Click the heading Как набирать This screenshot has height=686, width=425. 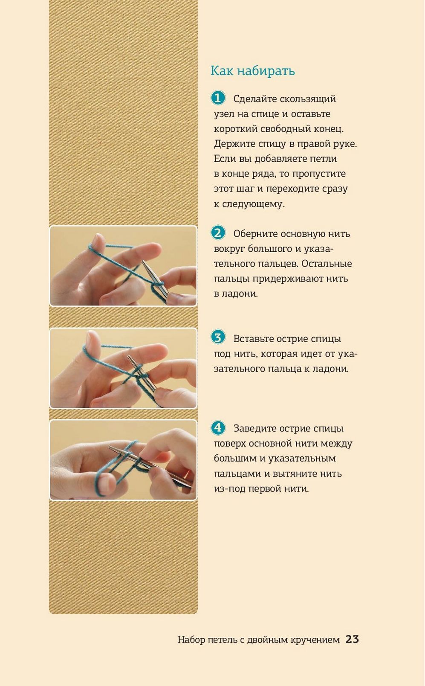coord(253,71)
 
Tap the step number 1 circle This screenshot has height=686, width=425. coord(218,98)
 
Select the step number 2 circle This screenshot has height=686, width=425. coord(218,233)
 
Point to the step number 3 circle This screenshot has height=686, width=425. coord(218,338)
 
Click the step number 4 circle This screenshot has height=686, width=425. coord(218,427)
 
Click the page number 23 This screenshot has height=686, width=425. coord(352,639)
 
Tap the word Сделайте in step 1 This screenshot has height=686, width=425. coord(255,99)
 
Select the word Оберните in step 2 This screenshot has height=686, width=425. coord(255,234)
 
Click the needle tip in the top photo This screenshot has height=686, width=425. coord(142,261)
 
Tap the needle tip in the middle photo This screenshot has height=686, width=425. coord(128,356)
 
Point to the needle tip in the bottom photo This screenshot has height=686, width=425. coord(109,447)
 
